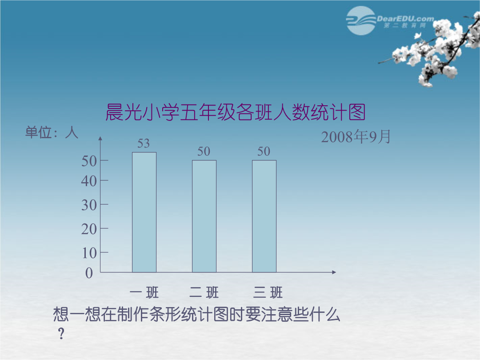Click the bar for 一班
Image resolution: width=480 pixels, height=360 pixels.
pyautogui.click(x=144, y=212)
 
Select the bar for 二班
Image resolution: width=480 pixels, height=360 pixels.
pyautogui.click(x=204, y=216)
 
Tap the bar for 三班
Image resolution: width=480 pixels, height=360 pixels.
pyautogui.click(x=264, y=216)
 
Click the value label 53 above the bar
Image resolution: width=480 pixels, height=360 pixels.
pyautogui.click(x=144, y=143)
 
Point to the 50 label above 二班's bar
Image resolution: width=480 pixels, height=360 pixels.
pyautogui.click(x=204, y=151)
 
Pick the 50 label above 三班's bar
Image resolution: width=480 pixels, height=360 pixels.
pyautogui.click(x=264, y=151)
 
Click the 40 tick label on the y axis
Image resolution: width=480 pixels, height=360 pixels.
pyautogui.click(x=89, y=181)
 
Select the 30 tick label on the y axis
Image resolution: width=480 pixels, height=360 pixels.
pyautogui.click(x=89, y=205)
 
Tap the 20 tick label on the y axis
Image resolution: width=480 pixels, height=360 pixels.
pyautogui.click(x=89, y=229)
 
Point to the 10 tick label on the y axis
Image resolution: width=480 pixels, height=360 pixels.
pyautogui.click(x=89, y=253)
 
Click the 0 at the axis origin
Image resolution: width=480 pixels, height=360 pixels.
pyautogui.click(x=89, y=273)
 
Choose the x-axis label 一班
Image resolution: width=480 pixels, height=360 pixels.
pyautogui.click(x=144, y=292)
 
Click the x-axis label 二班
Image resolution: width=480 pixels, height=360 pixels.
pyautogui.click(x=204, y=292)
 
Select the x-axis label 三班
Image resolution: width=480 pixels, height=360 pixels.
pyautogui.click(x=268, y=292)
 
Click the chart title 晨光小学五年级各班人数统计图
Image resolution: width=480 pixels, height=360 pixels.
pyautogui.click(x=236, y=112)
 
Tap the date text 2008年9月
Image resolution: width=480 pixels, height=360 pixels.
pyautogui.click(x=356, y=136)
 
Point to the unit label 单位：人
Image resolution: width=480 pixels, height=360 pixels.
pyautogui.click(x=52, y=132)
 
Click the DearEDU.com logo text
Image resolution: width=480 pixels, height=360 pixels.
pyautogui.click(x=405, y=19)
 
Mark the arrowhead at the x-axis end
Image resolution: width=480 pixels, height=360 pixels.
pyautogui.click(x=334, y=272)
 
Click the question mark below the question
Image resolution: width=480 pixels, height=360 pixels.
pyautogui.click(x=61, y=333)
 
